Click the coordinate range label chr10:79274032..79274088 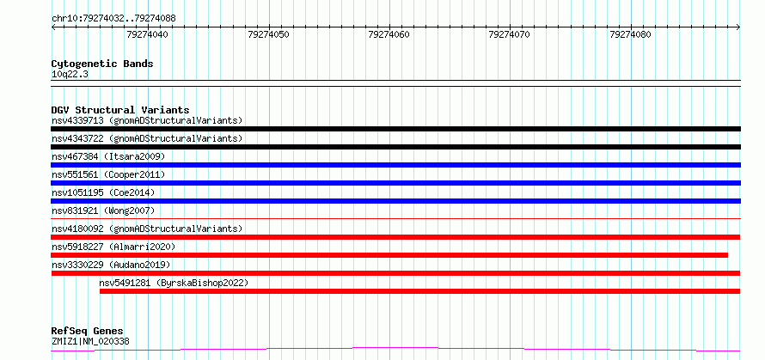coord(113,19)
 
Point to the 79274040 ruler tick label coord(147,34)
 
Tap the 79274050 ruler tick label coord(268,34)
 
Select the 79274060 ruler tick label coord(389,34)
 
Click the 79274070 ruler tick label coord(509,34)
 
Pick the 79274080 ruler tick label coord(630,34)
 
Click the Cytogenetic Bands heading coord(102,64)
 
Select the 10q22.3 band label coord(70,75)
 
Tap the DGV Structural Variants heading coord(120,110)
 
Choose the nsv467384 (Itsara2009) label coord(108,156)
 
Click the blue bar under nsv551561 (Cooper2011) coord(395,183)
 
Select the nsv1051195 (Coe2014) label coord(103,192)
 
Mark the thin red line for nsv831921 coord(395,218)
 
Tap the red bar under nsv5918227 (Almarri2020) coord(389,255)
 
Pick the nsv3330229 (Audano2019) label coord(111,265)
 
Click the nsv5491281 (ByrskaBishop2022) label coord(174,283)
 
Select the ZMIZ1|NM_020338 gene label coord(90,341)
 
